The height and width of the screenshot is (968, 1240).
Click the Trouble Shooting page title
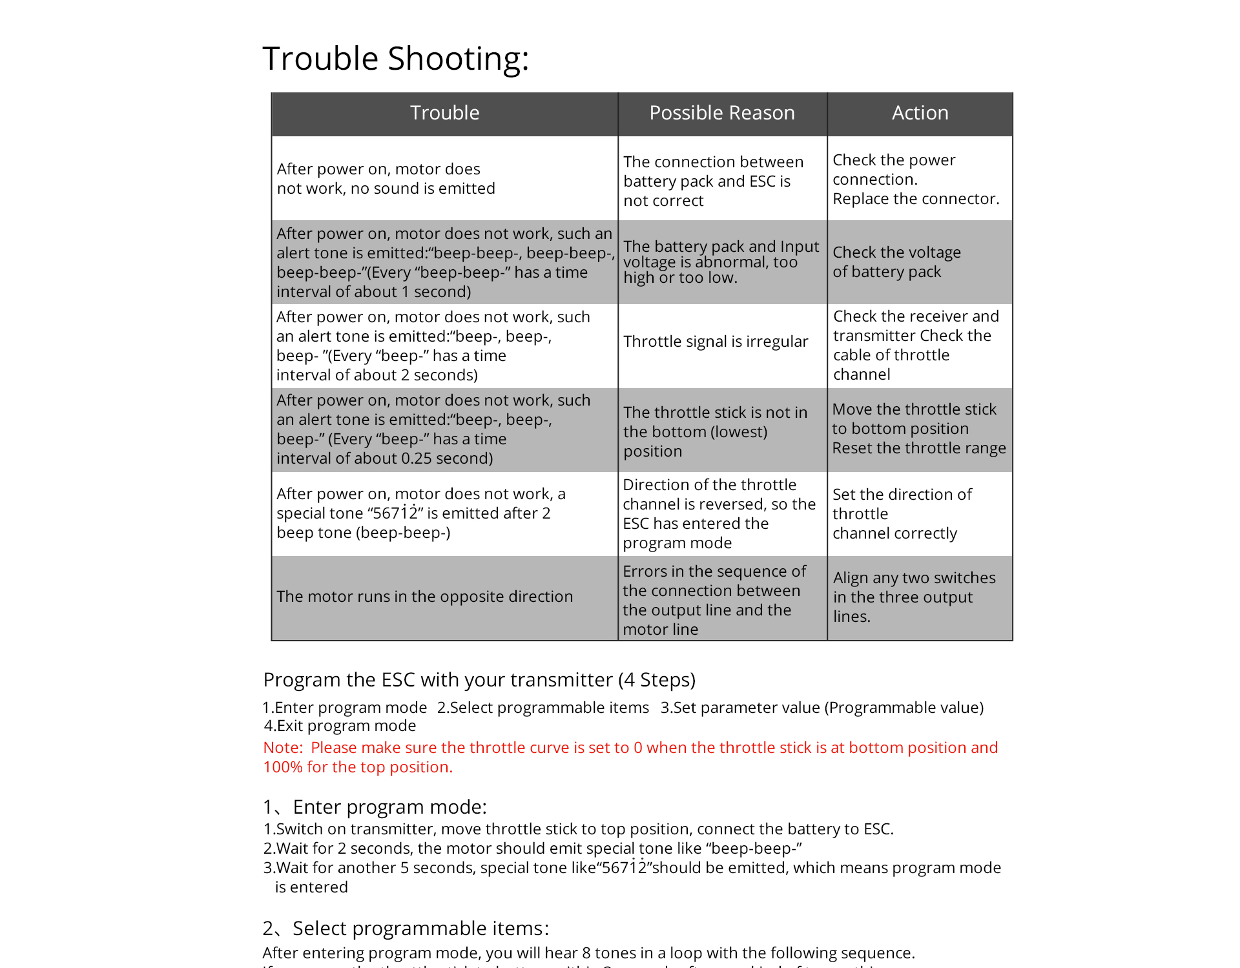(395, 59)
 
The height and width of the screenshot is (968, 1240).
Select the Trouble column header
(444, 113)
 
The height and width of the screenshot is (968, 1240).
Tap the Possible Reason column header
(721, 113)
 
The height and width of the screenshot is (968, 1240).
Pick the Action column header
(920, 113)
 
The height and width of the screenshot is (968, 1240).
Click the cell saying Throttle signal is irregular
(716, 342)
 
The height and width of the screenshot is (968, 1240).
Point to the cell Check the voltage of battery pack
(896, 262)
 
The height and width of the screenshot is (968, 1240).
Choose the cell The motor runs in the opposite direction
(424, 597)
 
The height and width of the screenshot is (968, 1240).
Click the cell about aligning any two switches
(914, 597)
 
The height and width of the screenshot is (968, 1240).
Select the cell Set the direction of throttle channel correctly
(902, 514)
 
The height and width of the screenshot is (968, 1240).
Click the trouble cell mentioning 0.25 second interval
(433, 429)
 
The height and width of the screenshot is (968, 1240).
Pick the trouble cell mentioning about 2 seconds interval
(433, 346)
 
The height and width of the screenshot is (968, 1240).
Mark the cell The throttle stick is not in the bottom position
(715, 432)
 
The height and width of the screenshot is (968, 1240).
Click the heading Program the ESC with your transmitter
(479, 680)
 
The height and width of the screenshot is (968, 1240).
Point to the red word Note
(282, 748)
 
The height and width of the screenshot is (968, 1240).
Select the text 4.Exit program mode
(340, 726)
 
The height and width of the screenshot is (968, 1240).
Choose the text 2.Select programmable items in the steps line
(542, 708)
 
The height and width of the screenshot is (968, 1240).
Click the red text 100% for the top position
(358, 767)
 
